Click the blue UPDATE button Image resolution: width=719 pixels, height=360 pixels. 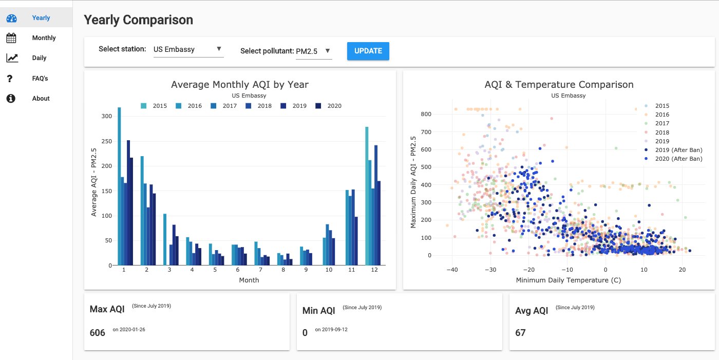click(368, 51)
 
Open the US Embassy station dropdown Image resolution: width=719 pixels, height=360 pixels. click(188, 49)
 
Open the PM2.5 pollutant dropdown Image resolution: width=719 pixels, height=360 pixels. click(313, 51)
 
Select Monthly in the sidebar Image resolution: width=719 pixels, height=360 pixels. click(44, 38)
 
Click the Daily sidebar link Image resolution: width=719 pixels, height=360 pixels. click(39, 58)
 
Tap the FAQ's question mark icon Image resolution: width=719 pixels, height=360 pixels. click(10, 79)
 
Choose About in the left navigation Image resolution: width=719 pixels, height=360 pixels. click(41, 99)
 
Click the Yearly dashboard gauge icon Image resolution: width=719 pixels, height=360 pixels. click(12, 18)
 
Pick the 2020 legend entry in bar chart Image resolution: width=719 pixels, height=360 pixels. click(329, 106)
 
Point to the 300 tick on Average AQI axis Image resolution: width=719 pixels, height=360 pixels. click(106, 117)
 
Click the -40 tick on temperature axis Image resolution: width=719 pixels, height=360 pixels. click(452, 270)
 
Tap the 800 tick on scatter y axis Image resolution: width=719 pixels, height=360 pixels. click(426, 114)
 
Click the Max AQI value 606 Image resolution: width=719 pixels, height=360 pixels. click(97, 333)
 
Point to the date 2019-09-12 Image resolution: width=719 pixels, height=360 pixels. click(331, 330)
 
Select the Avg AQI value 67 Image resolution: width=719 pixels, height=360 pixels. click(520, 333)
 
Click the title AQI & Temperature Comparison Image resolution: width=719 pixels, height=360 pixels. click(559, 85)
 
